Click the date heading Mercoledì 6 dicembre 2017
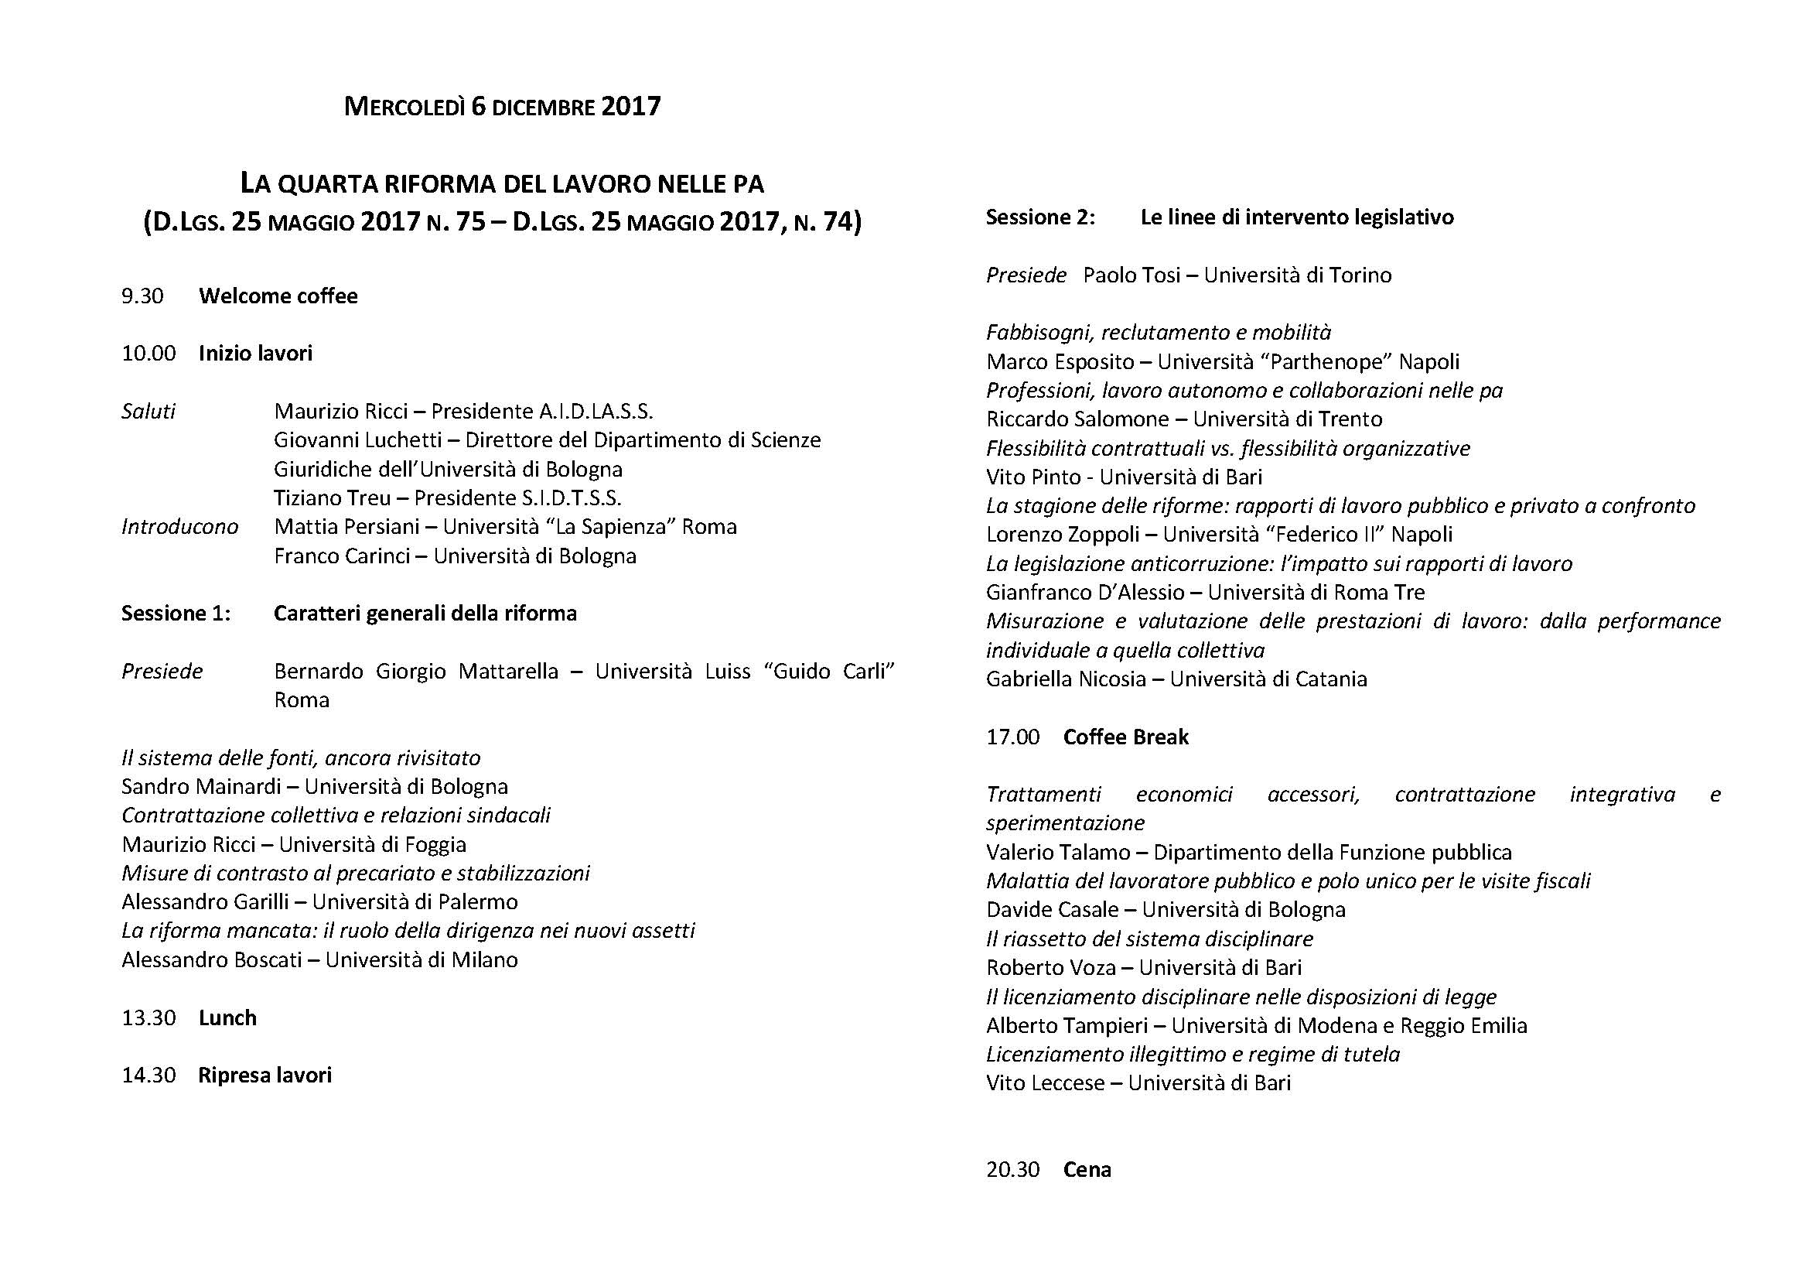(x=502, y=106)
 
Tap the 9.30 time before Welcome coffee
(x=142, y=296)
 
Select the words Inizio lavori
(x=255, y=353)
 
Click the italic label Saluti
(x=148, y=412)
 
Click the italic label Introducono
(x=179, y=526)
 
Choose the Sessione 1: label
(x=176, y=613)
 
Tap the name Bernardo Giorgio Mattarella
(x=416, y=672)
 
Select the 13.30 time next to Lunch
(x=148, y=1017)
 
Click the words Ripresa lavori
(x=265, y=1075)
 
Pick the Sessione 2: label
(x=1040, y=217)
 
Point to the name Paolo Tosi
(x=1131, y=275)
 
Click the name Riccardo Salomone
(x=1077, y=419)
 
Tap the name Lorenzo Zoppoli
(x=1062, y=535)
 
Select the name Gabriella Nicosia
(x=1065, y=679)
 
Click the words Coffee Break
(x=1125, y=737)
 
